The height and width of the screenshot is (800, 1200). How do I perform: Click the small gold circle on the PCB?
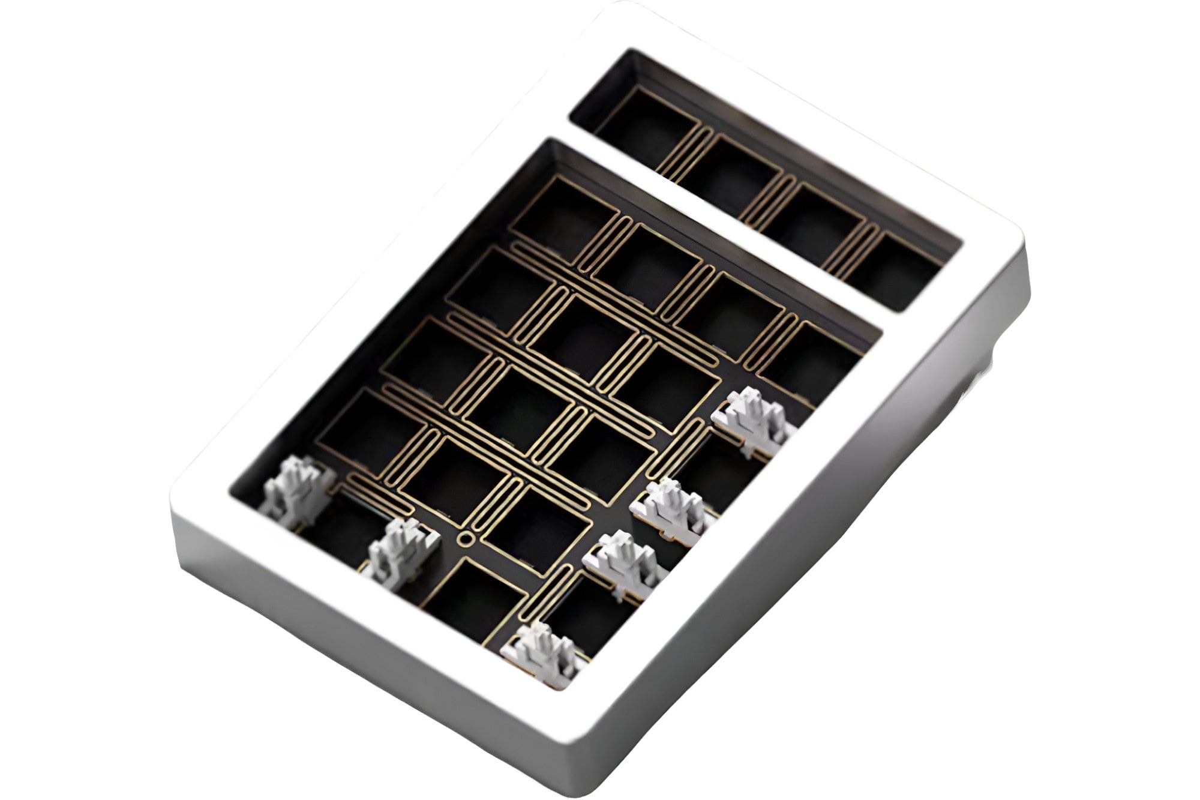pos(464,537)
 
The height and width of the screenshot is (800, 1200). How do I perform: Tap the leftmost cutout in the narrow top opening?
pos(648,129)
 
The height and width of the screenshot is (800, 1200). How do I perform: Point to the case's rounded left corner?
pos(180,498)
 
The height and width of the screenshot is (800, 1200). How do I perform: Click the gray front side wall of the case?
pos(360,648)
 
